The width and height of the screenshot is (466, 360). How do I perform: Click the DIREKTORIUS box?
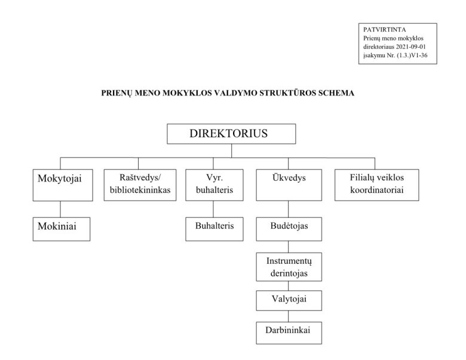[x=231, y=134]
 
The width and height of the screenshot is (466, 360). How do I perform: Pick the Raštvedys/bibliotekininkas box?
[x=138, y=184]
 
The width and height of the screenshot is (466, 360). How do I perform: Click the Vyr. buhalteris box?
[x=214, y=184]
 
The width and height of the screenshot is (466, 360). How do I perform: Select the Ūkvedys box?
[x=289, y=184]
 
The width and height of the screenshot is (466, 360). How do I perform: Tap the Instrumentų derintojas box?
[x=289, y=267]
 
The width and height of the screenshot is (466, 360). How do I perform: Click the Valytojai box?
[x=289, y=300]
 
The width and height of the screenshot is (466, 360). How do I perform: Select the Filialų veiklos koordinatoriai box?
[x=376, y=184]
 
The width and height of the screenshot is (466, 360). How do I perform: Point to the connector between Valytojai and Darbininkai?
[x=289, y=316]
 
